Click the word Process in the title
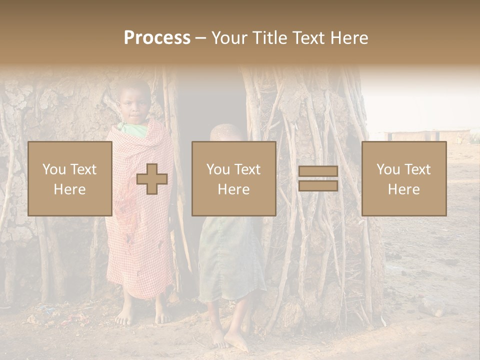tap(157, 37)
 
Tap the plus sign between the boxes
tap(152, 179)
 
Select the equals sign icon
tap(318, 178)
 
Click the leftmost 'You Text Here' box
tap(69, 178)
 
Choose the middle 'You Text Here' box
tap(233, 178)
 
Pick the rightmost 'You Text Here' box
tap(403, 178)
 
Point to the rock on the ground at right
tap(431, 306)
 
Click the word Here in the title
tap(350, 37)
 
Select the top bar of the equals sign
tap(318, 171)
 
